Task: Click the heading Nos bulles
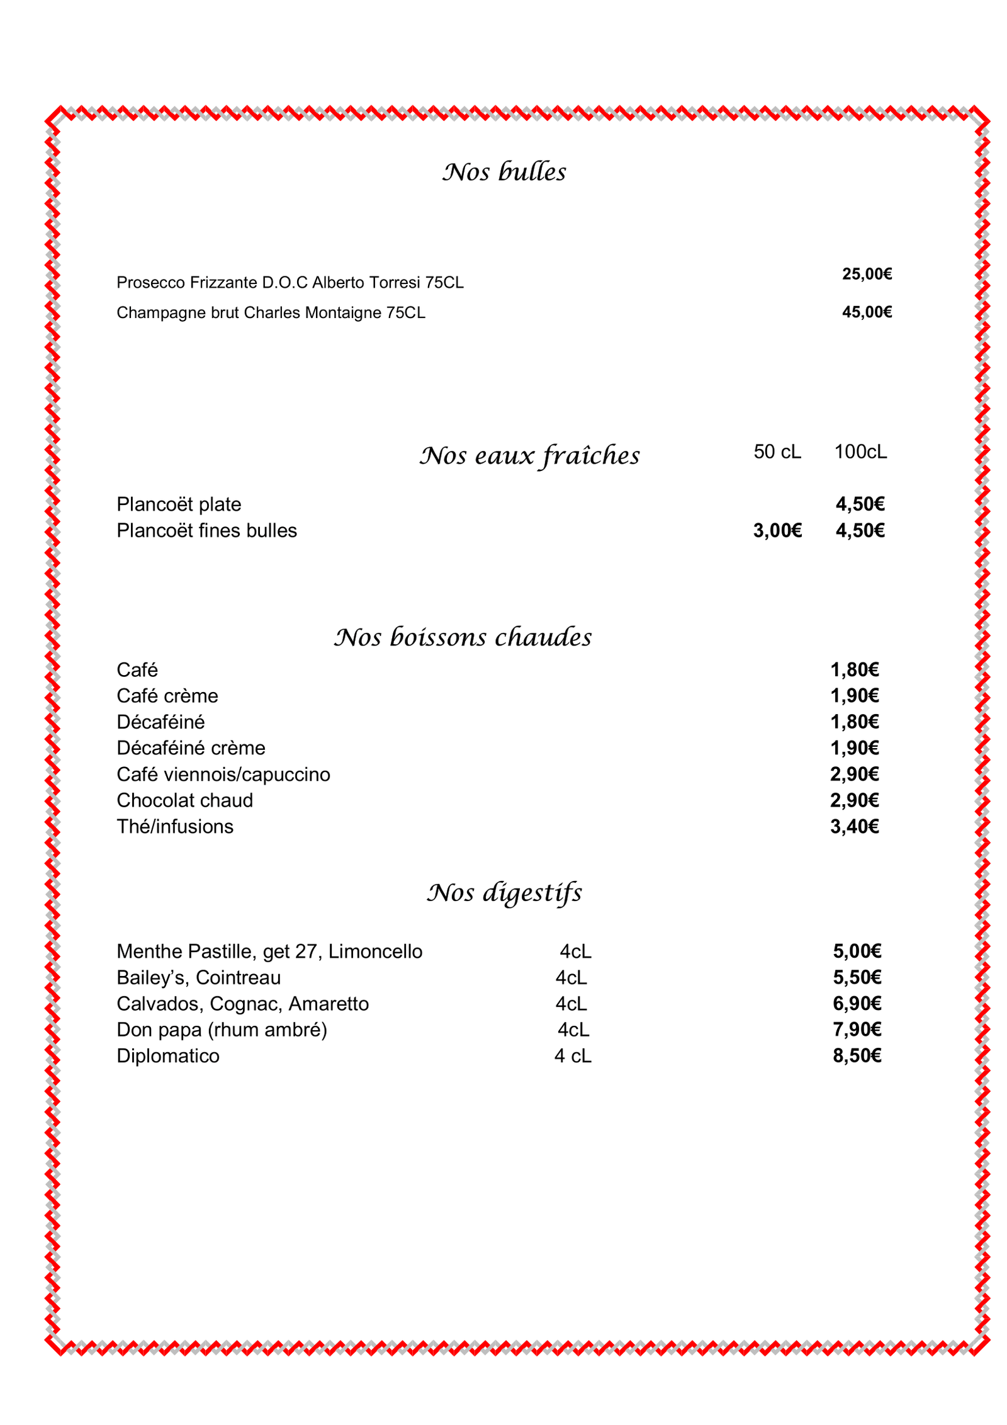click(x=503, y=172)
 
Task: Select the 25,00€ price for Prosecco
click(x=867, y=274)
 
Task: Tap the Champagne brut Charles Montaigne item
click(x=271, y=313)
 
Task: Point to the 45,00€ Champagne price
click(x=867, y=312)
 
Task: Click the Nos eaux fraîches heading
click(x=529, y=456)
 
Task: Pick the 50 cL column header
click(x=777, y=452)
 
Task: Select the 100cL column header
click(x=860, y=452)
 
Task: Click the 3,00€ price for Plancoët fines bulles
click(x=777, y=531)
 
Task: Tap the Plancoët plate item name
click(x=179, y=504)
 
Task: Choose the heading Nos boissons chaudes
click(x=463, y=637)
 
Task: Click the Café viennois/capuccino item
click(x=223, y=775)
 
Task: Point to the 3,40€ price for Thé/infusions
click(x=854, y=827)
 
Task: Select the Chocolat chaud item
click(x=184, y=800)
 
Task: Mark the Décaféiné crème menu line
click(x=191, y=748)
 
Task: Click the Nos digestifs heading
click(x=504, y=893)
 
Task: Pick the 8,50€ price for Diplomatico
click(x=857, y=1056)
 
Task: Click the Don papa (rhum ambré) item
click(x=222, y=1030)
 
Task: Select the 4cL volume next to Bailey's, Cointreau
click(x=571, y=978)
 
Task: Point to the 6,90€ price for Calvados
click(x=857, y=1004)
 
